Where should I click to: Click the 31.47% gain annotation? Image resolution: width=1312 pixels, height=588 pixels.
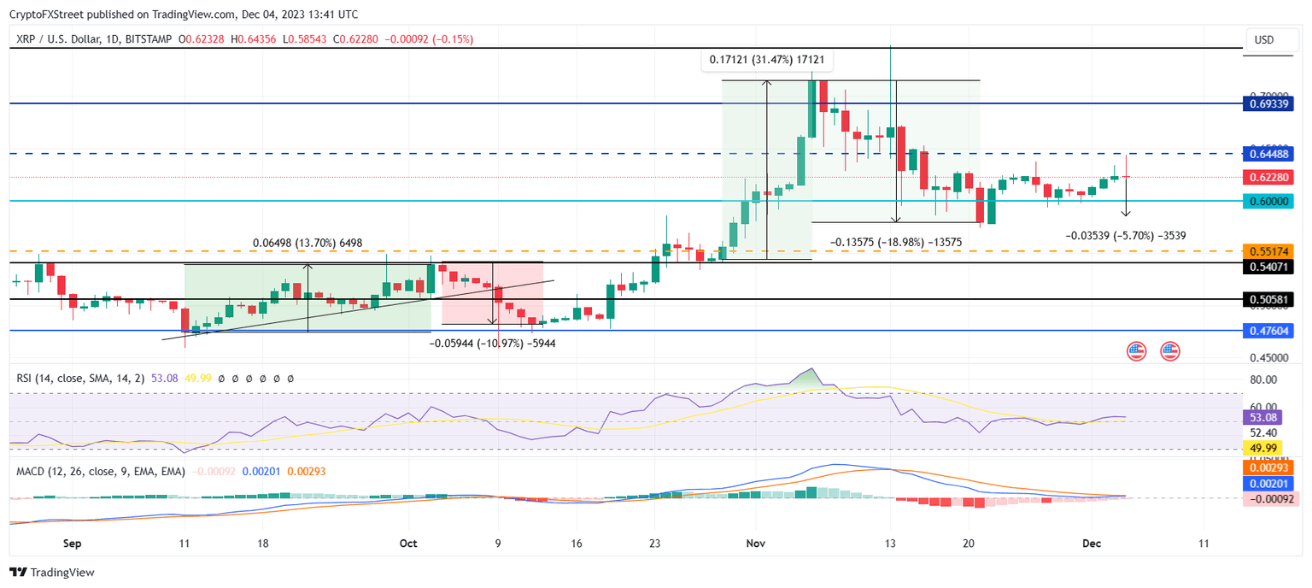click(x=768, y=61)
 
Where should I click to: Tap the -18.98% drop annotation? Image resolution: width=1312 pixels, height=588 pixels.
click(x=896, y=243)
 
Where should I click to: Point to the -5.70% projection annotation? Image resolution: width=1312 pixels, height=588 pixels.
click(x=1126, y=235)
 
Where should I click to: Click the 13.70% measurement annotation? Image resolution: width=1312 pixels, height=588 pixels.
click(x=307, y=244)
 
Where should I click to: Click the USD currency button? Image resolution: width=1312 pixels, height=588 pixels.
click(x=1263, y=39)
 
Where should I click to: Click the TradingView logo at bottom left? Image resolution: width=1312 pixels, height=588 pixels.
click(x=52, y=573)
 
